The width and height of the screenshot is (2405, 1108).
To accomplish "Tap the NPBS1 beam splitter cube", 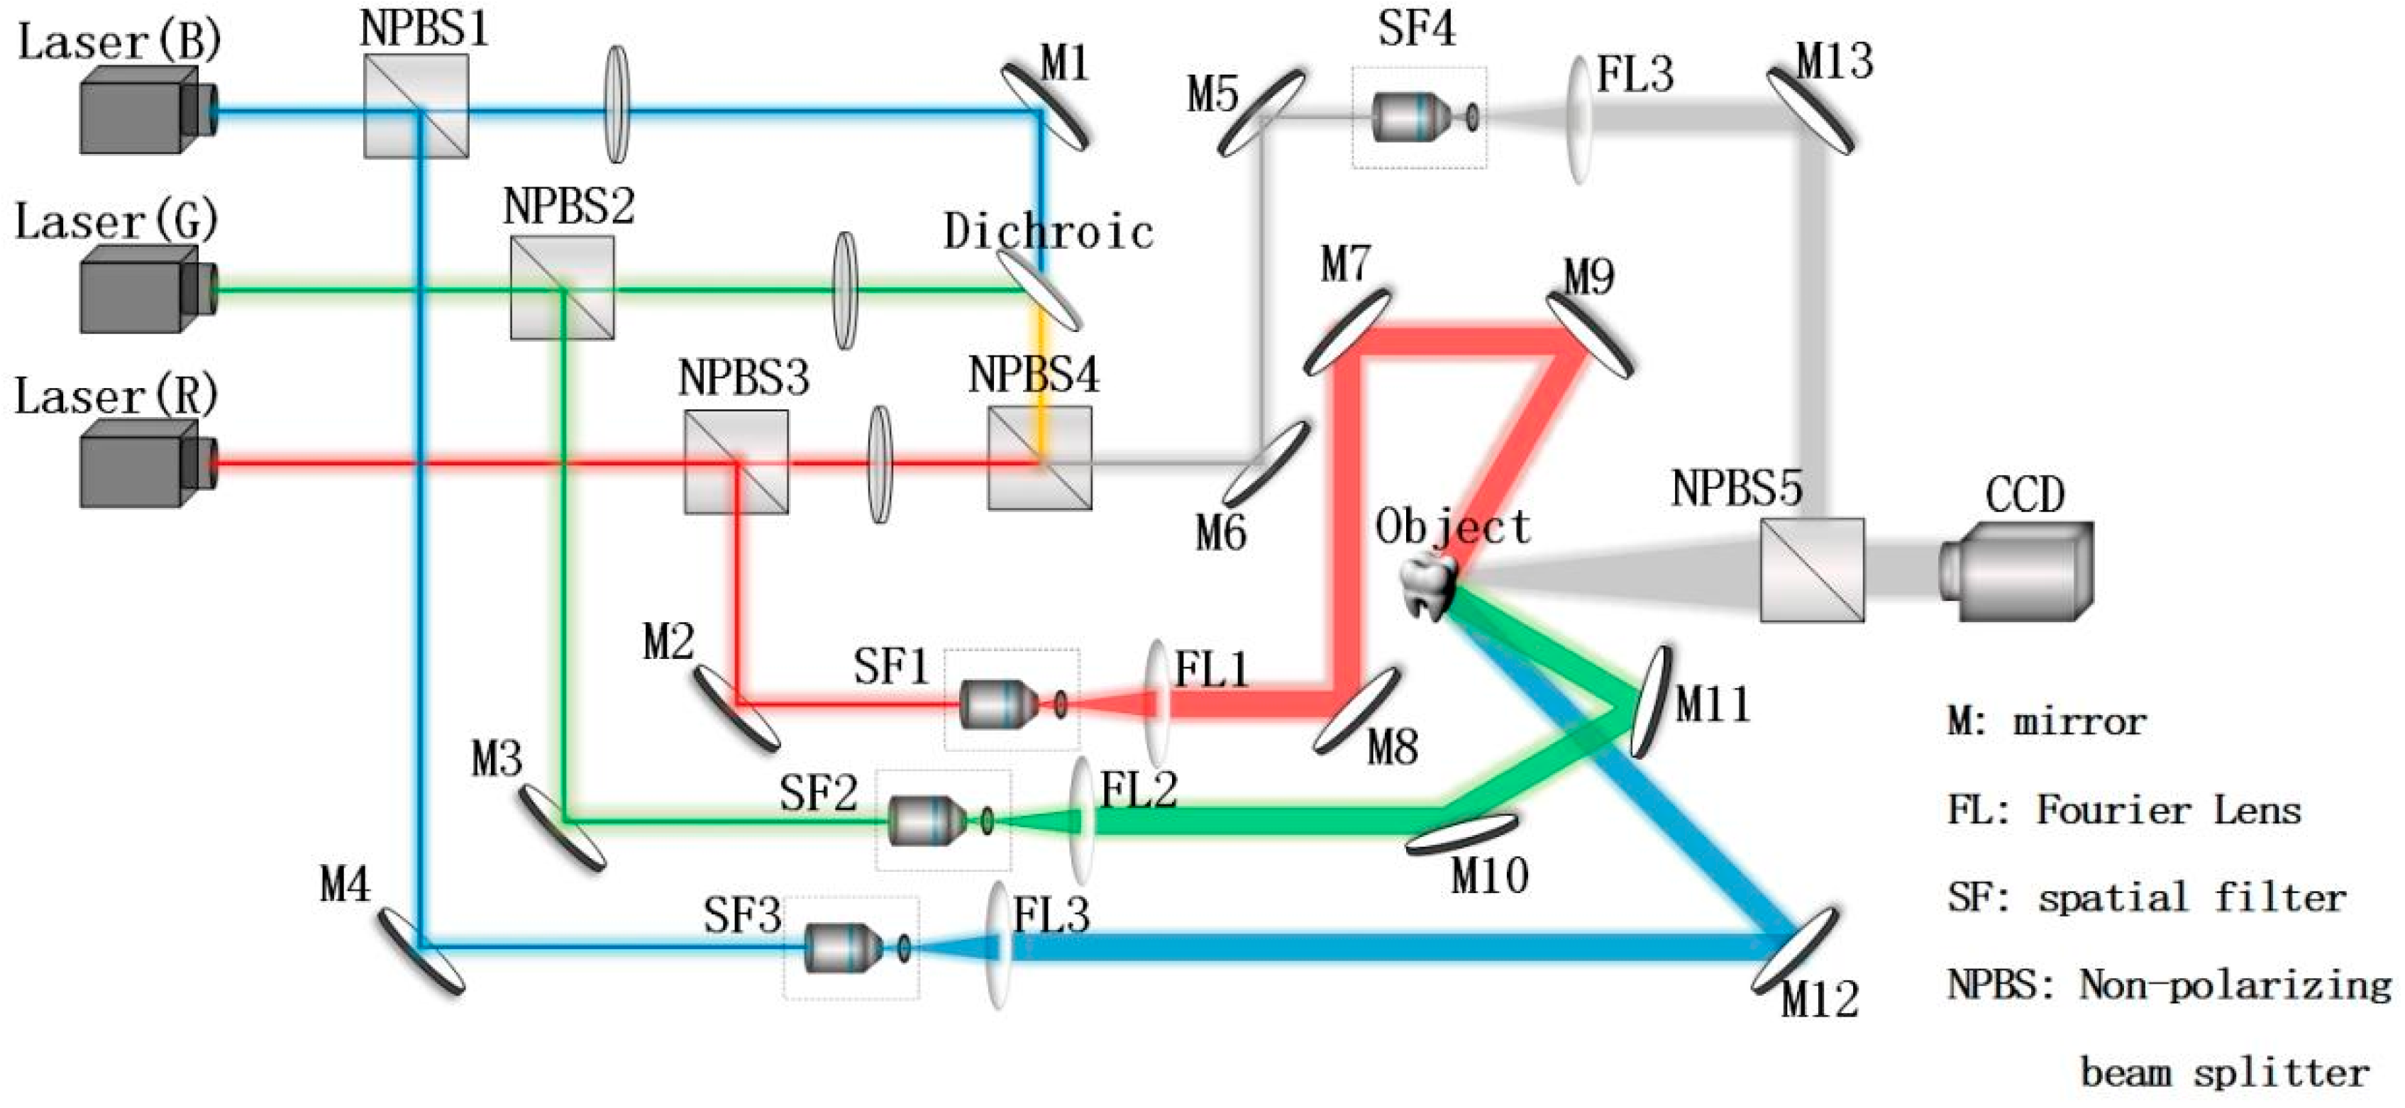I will click(416, 104).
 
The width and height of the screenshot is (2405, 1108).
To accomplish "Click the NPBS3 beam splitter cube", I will click(736, 462).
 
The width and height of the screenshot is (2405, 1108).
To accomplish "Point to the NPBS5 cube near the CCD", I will click(1811, 570).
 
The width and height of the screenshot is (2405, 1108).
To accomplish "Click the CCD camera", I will click(2021, 571).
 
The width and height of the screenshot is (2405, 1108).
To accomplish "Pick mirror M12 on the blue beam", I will click(1793, 951).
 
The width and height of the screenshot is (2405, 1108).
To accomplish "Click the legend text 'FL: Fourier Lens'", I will click(2124, 810).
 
